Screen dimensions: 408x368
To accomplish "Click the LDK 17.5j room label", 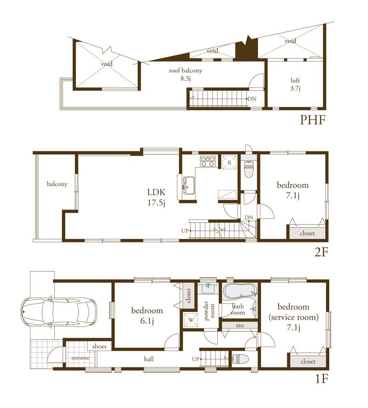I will tap(156, 196).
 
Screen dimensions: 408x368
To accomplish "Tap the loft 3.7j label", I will tap(295, 83).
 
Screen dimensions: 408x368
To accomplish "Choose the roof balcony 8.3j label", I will tap(185, 75).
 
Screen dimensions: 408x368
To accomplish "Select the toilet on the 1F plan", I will tap(240, 359).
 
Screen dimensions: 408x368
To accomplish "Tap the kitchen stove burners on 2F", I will tap(208, 161).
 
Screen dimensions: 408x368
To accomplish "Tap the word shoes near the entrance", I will tap(99, 346).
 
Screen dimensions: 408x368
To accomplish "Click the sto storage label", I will tap(240, 325).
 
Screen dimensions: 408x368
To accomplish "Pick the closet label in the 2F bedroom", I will tap(307, 233).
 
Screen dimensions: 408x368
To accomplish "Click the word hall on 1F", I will tap(149, 359).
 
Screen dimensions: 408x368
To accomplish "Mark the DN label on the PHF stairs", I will tap(252, 99).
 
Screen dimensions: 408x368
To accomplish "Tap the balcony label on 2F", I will tap(57, 184).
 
